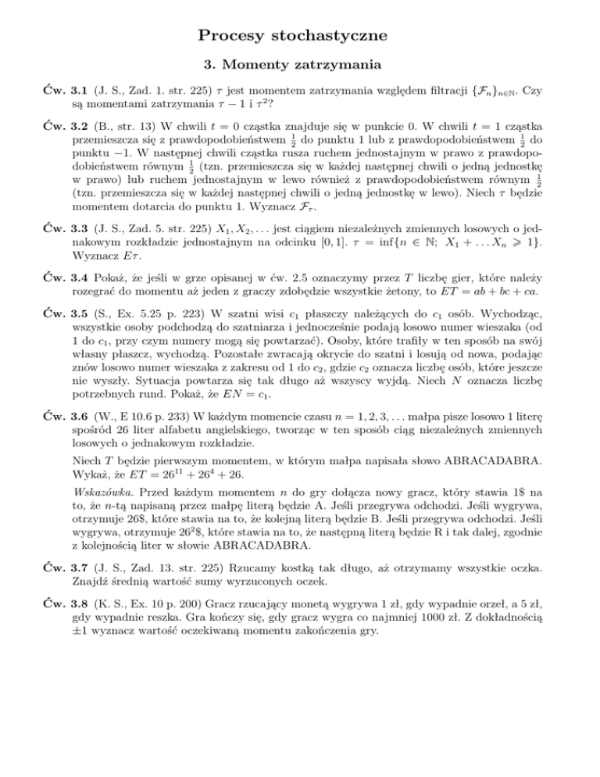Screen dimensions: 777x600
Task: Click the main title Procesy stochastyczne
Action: click(x=300, y=36)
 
